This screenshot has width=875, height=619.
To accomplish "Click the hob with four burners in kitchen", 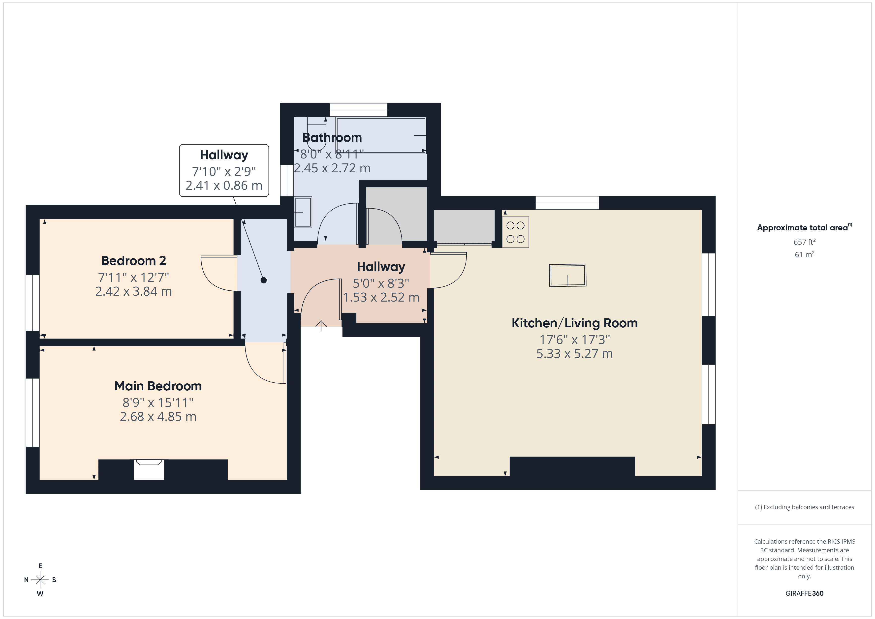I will (515, 232).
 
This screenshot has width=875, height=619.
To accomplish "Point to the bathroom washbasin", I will (303, 212).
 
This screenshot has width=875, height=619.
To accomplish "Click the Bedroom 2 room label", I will (133, 261).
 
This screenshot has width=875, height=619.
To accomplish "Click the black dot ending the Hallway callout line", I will (263, 280).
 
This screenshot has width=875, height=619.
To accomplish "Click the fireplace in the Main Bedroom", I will (149, 469).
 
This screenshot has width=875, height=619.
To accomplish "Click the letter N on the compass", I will (26, 580).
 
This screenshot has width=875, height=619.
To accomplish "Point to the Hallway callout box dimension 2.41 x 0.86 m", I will (224, 186).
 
